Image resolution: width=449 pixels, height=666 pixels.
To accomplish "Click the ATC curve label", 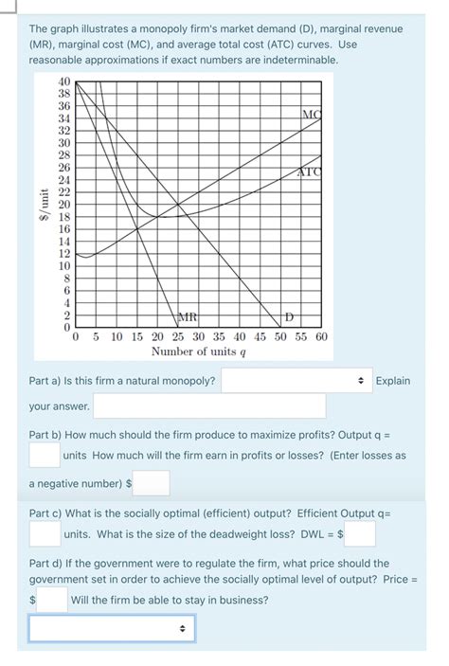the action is (x=310, y=171).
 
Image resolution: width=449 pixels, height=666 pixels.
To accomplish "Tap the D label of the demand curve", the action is (x=291, y=315).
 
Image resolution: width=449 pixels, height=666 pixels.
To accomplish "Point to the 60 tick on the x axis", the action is (x=320, y=336).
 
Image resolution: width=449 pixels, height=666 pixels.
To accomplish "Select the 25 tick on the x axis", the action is (x=178, y=336).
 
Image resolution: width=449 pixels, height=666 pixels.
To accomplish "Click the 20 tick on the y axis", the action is (x=63, y=204).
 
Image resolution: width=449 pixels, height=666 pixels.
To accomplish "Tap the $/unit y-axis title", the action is (x=42, y=204).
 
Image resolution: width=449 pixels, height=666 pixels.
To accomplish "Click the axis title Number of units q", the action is (x=199, y=351).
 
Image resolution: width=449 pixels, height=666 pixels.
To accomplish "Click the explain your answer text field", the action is (x=208, y=406).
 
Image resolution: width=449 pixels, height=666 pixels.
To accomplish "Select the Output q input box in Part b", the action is (x=44, y=456).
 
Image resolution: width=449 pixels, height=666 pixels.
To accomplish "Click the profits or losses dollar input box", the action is (x=152, y=483).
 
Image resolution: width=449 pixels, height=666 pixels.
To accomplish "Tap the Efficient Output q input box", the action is (x=44, y=534).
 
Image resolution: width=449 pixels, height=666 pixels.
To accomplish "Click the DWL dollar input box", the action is (x=360, y=534).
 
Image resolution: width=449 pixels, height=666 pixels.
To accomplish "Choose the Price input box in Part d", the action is (x=53, y=600).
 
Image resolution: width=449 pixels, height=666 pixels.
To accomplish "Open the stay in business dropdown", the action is (x=112, y=628).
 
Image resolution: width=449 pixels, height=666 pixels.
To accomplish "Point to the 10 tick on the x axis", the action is (x=117, y=336).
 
